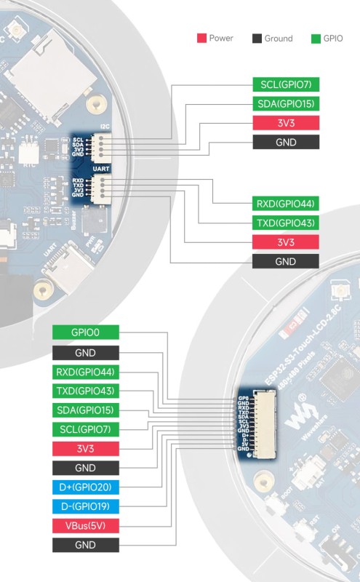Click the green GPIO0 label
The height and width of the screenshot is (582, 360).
click(85, 332)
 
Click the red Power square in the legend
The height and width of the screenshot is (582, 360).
click(201, 38)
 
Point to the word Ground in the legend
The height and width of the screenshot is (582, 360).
click(278, 39)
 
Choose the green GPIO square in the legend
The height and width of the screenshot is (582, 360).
click(315, 38)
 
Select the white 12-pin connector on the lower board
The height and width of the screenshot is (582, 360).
click(265, 426)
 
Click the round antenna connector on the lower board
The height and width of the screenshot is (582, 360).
click(340, 294)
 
